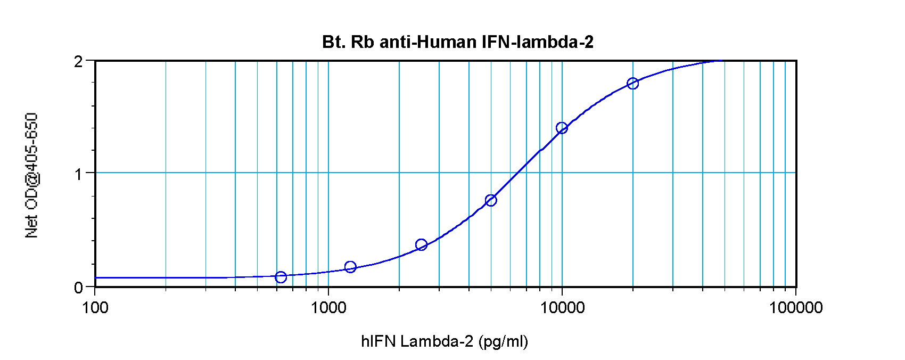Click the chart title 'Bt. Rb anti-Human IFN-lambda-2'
pyautogui.click(x=457, y=42)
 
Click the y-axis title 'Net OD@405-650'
pyautogui.click(x=32, y=175)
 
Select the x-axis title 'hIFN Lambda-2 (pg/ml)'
pyautogui.click(x=445, y=341)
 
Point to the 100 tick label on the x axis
pyautogui.click(x=95, y=307)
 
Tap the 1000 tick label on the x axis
pyautogui.click(x=328, y=307)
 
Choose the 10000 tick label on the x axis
pyautogui.click(x=562, y=307)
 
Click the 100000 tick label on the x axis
pyautogui.click(x=795, y=307)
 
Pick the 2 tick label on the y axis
pyautogui.click(x=79, y=62)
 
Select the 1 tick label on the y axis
pyautogui.click(x=79, y=174)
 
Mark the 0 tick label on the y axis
pyautogui.click(x=79, y=288)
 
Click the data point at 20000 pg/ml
pyautogui.click(x=632, y=83)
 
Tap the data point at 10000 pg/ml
pyautogui.click(x=562, y=128)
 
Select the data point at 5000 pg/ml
pyautogui.click(x=491, y=200)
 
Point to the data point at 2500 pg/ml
pyautogui.click(x=421, y=245)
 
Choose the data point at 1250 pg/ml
pyautogui.click(x=350, y=267)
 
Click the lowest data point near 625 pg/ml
pyautogui.click(x=281, y=277)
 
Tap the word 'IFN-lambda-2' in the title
pyautogui.click(x=538, y=42)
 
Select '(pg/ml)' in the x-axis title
pyautogui.click(x=503, y=341)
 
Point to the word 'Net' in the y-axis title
pyautogui.click(x=32, y=226)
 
